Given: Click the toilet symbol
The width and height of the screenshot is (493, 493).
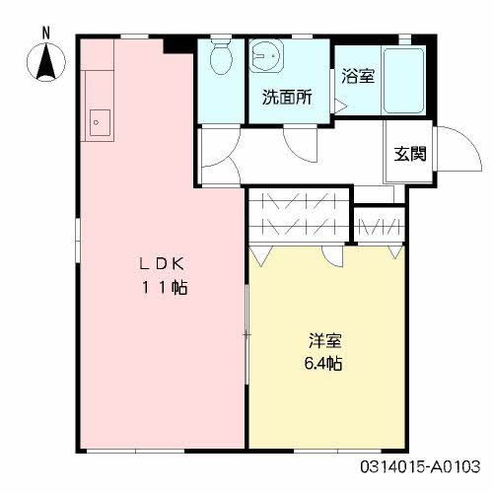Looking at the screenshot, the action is pos(221,55).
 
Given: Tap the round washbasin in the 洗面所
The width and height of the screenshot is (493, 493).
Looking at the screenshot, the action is pos(265,56).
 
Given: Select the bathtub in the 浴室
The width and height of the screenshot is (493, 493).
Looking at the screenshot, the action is pos(403,81).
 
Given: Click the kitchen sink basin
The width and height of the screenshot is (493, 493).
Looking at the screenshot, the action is pos(100,122).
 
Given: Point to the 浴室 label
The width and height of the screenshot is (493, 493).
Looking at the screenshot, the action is pos(358,76).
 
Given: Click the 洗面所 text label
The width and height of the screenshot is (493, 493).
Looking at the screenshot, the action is pos(287,97).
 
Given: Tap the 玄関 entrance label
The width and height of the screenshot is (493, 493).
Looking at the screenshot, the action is pos(410,154).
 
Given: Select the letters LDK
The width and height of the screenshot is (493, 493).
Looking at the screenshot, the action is pos(162,264).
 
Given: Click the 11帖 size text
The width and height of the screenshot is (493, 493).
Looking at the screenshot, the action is pos(165,288).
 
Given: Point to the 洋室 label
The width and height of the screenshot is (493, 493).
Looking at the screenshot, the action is pos(325,340).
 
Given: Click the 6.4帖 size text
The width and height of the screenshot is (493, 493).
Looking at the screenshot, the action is pos(323,364).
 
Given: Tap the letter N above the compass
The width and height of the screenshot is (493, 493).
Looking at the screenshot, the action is pos(46,34).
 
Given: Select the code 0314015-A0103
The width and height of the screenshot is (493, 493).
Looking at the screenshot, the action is pos(420,466).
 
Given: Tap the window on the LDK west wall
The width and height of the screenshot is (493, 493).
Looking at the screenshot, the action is pos(78,241).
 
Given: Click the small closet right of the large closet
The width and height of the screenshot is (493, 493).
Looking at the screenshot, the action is pos(379,225).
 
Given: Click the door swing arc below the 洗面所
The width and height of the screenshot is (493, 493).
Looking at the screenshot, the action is pos(300,145).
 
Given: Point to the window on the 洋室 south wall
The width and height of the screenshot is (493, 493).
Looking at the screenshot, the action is pos(337,451).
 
